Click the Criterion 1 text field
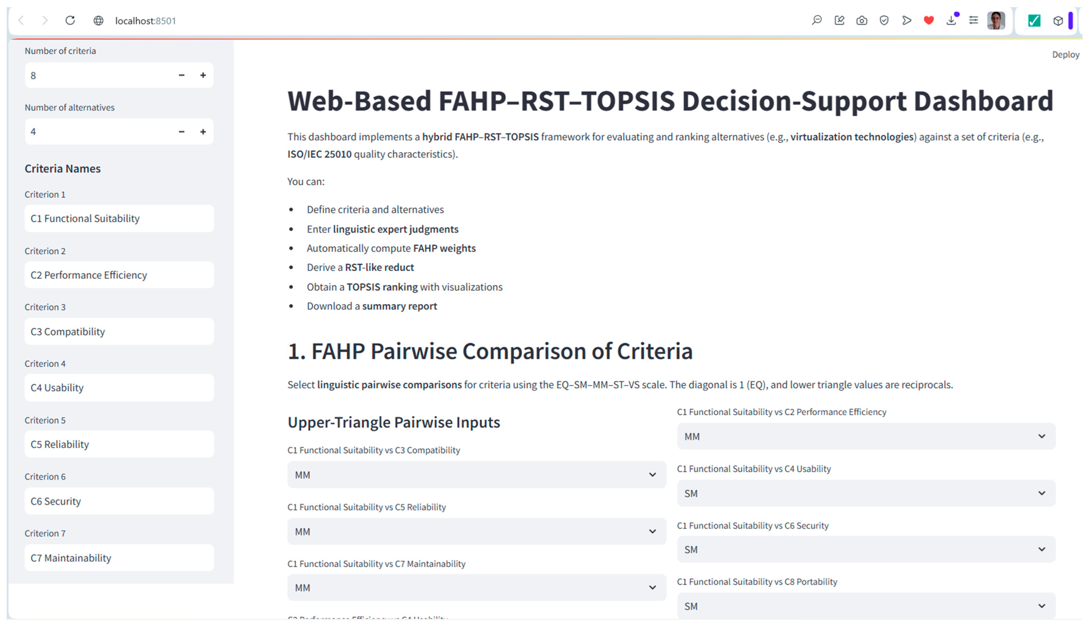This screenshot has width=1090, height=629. pyautogui.click(x=119, y=218)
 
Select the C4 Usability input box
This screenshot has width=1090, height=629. pyautogui.click(x=119, y=388)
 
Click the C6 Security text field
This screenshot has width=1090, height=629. pyautogui.click(x=119, y=501)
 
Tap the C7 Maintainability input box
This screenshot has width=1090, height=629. pyautogui.click(x=119, y=558)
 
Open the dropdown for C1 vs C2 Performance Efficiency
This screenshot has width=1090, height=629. pyautogui.click(x=866, y=436)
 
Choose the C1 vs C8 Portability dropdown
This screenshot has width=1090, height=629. pyautogui.click(x=866, y=606)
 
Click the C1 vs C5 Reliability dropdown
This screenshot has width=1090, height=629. pyautogui.click(x=477, y=531)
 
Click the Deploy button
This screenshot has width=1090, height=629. pyautogui.click(x=1065, y=55)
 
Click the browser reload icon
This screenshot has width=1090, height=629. pyautogui.click(x=70, y=20)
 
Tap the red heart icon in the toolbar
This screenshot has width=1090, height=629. pyautogui.click(x=928, y=20)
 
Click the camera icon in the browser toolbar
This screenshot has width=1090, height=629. pyautogui.click(x=862, y=20)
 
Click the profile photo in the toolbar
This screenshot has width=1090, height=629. pyautogui.click(x=996, y=20)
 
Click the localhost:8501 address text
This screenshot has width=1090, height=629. pyautogui.click(x=146, y=21)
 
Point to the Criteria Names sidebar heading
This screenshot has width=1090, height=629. pyautogui.click(x=63, y=168)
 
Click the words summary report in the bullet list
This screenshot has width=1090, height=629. pyautogui.click(x=399, y=306)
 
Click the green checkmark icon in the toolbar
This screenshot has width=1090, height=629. pyautogui.click(x=1034, y=20)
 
